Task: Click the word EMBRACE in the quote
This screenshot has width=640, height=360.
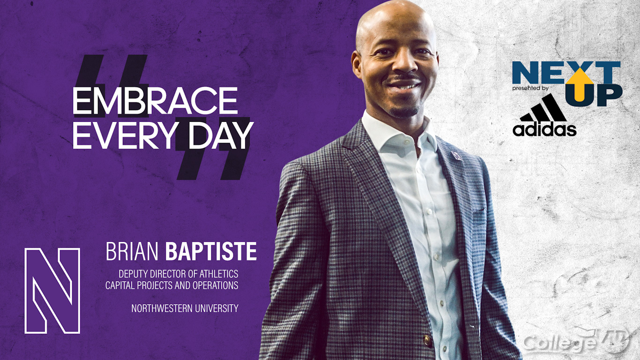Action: point(155,100)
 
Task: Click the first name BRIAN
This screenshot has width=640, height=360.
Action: point(132,251)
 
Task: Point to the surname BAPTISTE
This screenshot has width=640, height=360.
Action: point(211,251)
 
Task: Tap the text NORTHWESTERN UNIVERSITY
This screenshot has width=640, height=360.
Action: point(185,308)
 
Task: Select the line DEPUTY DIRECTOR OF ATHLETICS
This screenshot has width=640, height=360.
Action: point(179,274)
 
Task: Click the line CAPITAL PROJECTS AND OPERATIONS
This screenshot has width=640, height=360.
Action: point(172,285)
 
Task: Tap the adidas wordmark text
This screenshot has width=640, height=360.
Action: point(544,130)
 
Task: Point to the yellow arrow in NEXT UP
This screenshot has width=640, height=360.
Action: point(580,84)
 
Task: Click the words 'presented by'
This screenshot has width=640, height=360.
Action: point(530,89)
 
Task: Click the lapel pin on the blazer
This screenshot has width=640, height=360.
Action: point(456,156)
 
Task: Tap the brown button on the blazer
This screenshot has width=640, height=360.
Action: point(427,341)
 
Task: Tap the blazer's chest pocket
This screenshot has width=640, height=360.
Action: point(478,218)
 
